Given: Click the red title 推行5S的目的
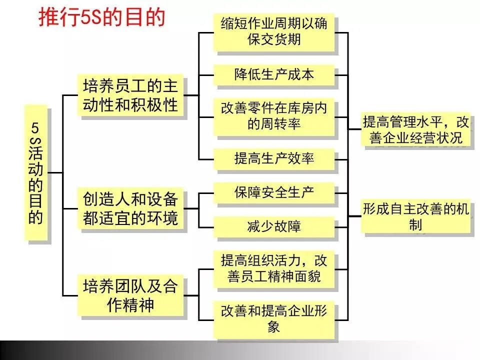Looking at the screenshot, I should (101, 17).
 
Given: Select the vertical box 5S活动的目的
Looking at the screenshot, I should (36, 172).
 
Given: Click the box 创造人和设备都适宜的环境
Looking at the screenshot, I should (130, 208).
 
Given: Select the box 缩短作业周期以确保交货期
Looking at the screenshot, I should (273, 32).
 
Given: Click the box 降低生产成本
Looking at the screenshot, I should (273, 74).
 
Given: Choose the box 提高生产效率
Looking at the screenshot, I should (273, 159).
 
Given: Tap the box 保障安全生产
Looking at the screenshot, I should (273, 192).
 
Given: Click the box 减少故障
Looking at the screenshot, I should (273, 226).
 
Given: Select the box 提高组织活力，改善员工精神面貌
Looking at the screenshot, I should (273, 268).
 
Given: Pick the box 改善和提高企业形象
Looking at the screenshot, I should (273, 319).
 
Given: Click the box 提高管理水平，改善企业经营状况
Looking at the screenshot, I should (416, 129).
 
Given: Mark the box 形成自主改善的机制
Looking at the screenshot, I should (416, 217).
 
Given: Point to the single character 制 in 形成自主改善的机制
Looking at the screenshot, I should (415, 225).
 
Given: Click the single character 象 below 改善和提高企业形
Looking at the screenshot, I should (273, 327).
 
